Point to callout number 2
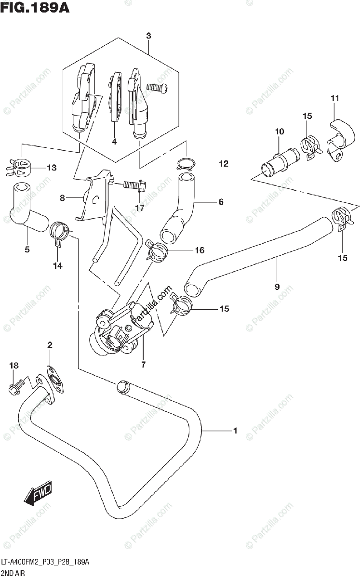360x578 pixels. [50, 345]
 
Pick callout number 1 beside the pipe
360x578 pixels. [235, 431]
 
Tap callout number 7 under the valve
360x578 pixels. [143, 365]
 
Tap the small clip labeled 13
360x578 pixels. [18, 166]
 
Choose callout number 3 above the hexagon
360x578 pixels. [148, 36]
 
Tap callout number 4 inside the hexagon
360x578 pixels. [114, 142]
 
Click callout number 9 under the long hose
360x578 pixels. [277, 287]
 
